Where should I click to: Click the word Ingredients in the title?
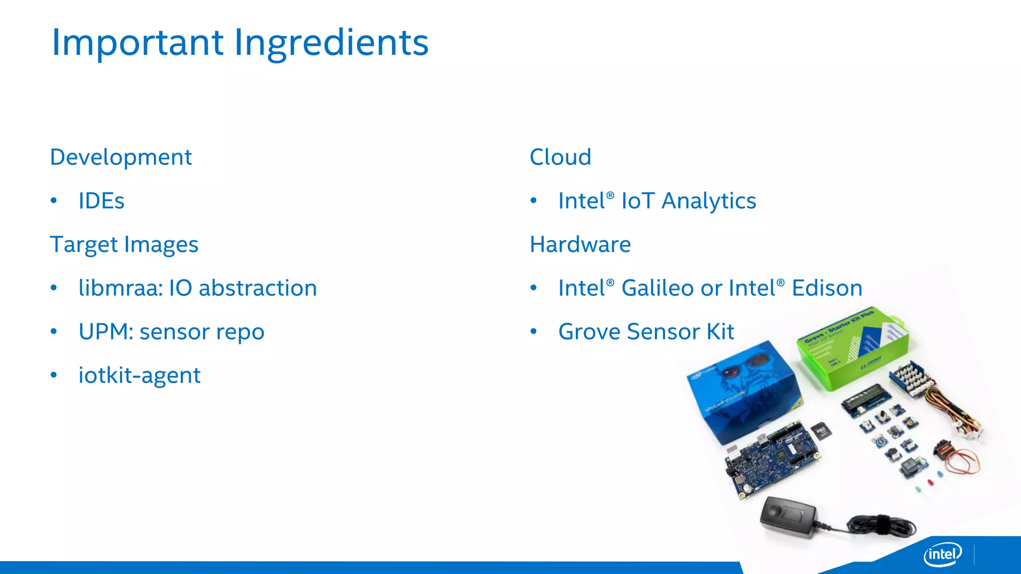click(x=331, y=43)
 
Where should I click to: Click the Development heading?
click(x=121, y=157)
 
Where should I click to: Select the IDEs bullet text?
click(x=101, y=201)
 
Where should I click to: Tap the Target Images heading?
click(x=124, y=245)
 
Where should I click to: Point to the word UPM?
click(x=105, y=332)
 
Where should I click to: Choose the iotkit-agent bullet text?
click(x=140, y=376)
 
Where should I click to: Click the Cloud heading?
click(x=560, y=157)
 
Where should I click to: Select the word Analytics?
click(x=708, y=201)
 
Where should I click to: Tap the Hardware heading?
click(x=580, y=245)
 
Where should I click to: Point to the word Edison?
click(x=827, y=288)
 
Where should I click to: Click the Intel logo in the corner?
click(x=942, y=554)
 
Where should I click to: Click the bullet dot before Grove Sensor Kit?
click(x=533, y=332)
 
